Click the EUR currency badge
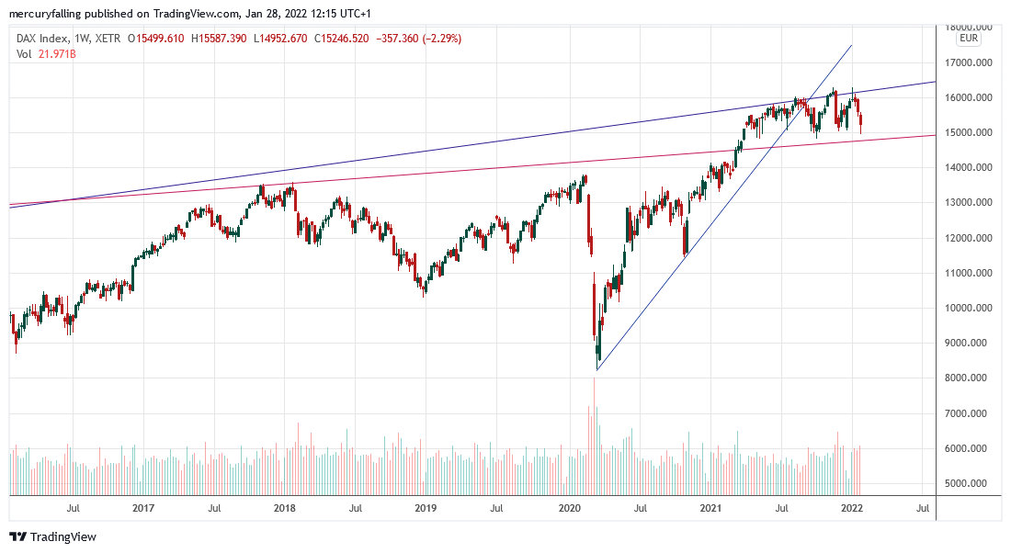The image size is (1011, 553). [x=968, y=39]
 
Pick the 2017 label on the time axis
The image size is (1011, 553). [x=142, y=508]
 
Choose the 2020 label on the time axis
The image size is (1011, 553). [x=570, y=508]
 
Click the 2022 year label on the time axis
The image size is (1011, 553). [x=851, y=508]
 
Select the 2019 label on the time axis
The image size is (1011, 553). [x=426, y=508]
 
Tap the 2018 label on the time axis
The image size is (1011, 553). [x=284, y=508]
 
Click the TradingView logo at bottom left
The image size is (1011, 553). [x=52, y=536]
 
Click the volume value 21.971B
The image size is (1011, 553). [x=58, y=54]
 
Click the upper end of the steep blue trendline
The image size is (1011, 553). [x=851, y=45]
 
